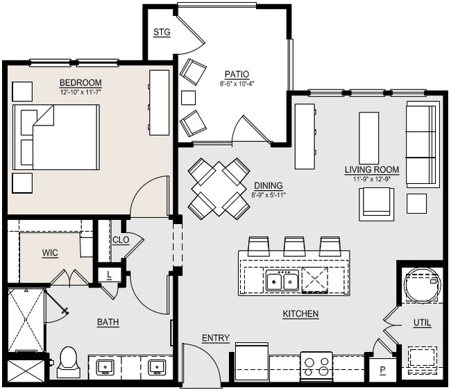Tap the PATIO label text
click(237, 74)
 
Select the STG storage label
click(162, 32)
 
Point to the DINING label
click(268, 186)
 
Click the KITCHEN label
click(300, 314)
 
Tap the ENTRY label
click(216, 338)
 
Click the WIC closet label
click(50, 253)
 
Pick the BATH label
click(108, 322)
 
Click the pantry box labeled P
click(382, 370)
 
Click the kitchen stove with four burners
click(316, 366)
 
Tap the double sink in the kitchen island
click(282, 281)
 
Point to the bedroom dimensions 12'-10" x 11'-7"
click(80, 92)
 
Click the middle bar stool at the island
click(294, 245)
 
